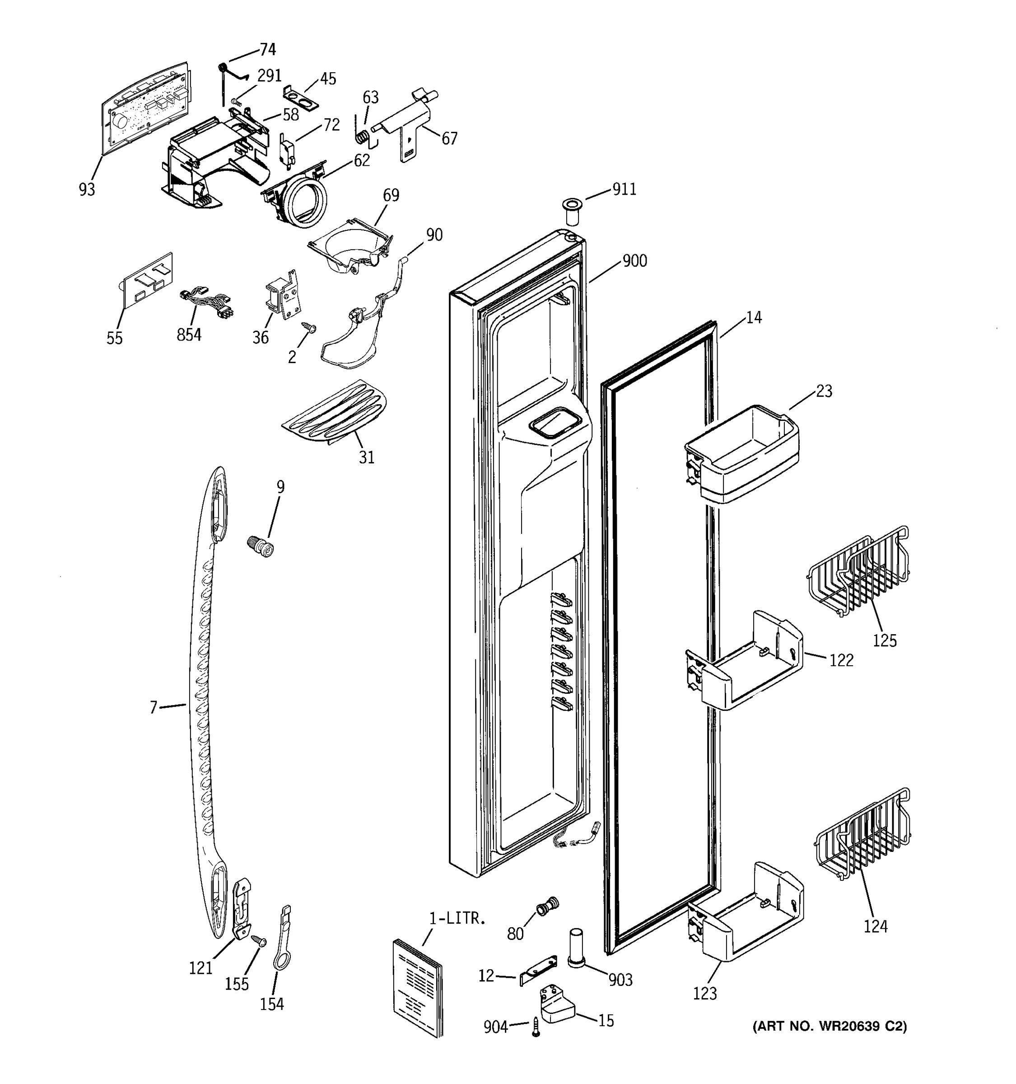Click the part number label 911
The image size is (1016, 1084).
[x=624, y=189]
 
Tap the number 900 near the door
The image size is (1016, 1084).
[x=634, y=261]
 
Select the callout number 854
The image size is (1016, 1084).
[x=189, y=334]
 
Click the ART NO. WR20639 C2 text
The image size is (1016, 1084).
[x=829, y=1027]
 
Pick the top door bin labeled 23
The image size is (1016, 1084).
[x=741, y=455]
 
